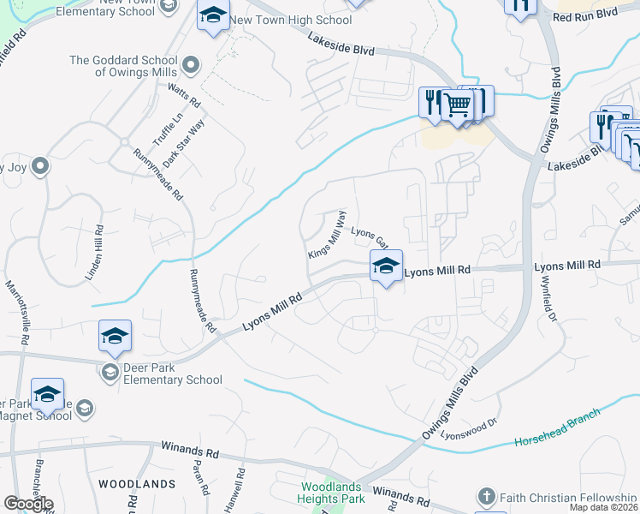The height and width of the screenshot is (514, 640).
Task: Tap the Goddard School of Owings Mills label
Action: click(124, 66)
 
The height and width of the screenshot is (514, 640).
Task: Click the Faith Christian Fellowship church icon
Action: click(486, 496)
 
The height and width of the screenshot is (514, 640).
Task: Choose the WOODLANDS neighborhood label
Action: click(137, 484)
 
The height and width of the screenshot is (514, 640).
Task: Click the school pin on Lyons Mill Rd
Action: click(386, 266)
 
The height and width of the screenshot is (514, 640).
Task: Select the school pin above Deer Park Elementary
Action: click(115, 336)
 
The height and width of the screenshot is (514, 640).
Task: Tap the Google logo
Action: click(28, 504)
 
